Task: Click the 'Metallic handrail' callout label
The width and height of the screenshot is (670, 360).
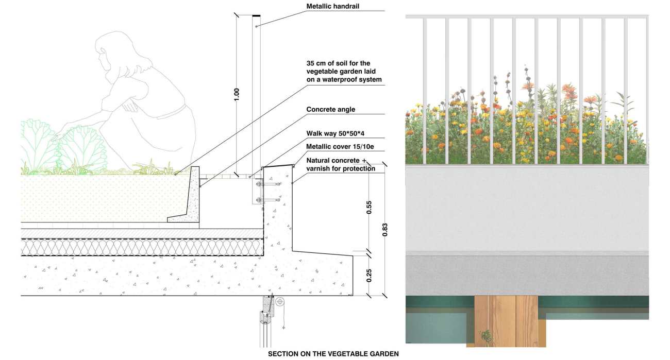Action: [x=332, y=6]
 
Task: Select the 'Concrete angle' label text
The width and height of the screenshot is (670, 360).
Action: [x=330, y=109]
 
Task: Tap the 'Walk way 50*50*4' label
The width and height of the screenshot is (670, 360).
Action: [x=336, y=133]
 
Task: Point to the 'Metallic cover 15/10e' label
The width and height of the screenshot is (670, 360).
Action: [x=340, y=146]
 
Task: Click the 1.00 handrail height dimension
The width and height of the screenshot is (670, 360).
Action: [x=237, y=94]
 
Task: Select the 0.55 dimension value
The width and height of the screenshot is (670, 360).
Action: [x=369, y=208]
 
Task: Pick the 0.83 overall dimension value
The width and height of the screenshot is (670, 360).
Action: [x=385, y=230]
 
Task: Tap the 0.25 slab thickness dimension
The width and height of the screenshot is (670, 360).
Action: [x=369, y=276]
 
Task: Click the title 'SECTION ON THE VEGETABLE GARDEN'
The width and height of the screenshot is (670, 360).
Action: [x=333, y=354]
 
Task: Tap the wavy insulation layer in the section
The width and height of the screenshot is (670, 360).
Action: [x=142, y=248]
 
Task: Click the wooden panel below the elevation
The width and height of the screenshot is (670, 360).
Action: [x=506, y=321]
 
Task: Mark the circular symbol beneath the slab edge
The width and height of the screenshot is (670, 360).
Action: [x=280, y=302]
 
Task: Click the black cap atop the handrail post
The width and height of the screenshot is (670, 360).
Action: [x=256, y=15]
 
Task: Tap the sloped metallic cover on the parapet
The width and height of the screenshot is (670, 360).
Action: [x=277, y=166]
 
